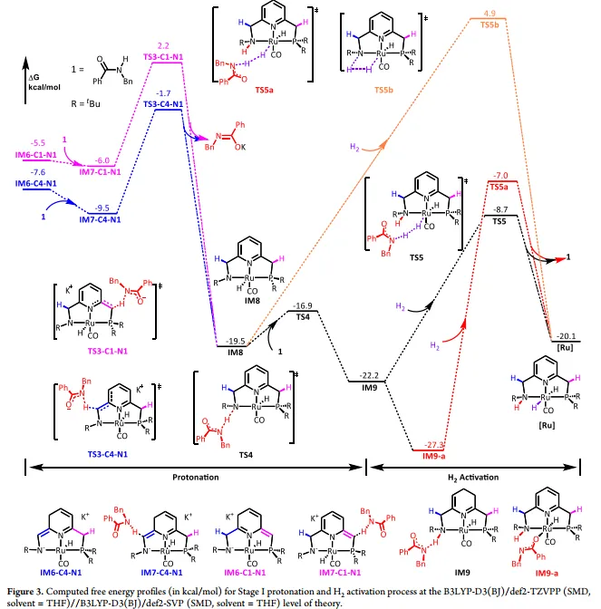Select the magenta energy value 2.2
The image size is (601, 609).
(x=164, y=44)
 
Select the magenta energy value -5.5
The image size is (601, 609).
(x=38, y=143)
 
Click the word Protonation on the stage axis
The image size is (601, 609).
(x=194, y=476)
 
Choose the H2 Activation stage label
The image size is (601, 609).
(x=482, y=477)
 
